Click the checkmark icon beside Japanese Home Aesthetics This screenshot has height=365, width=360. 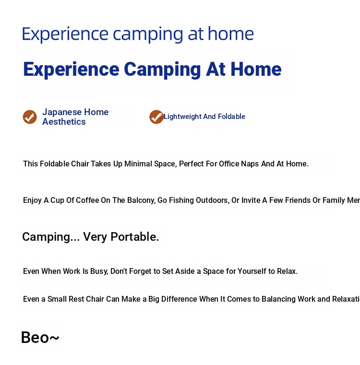tap(30, 117)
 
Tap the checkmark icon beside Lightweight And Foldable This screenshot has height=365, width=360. tap(156, 117)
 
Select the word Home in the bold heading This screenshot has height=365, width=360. tap(256, 69)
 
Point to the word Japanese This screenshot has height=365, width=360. tap(62, 112)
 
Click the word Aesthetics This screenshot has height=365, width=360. tap(64, 122)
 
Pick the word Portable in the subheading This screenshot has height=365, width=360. tap(135, 237)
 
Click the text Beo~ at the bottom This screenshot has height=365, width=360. tap(40, 337)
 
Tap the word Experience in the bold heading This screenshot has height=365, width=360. tap(72, 70)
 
